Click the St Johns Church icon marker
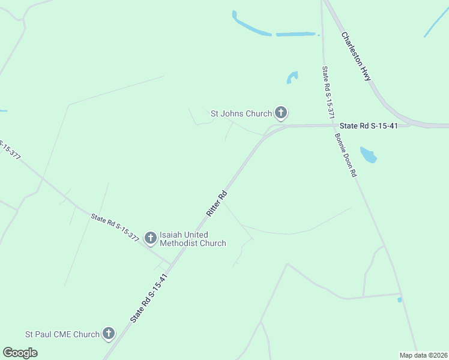(x=281, y=112)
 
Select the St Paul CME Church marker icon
(x=109, y=334)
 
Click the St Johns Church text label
(x=241, y=113)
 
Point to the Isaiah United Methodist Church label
(x=193, y=239)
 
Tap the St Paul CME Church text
(x=62, y=334)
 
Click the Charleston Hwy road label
(x=357, y=56)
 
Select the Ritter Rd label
(x=217, y=203)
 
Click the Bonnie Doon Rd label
(x=346, y=154)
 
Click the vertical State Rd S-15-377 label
(x=327, y=91)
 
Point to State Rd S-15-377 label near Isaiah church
(x=115, y=227)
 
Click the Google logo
(x=20, y=353)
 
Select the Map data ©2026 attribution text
(x=424, y=355)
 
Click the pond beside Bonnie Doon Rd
(x=368, y=155)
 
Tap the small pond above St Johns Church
(x=292, y=77)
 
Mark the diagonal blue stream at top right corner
(x=436, y=23)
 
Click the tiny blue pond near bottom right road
(x=399, y=299)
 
